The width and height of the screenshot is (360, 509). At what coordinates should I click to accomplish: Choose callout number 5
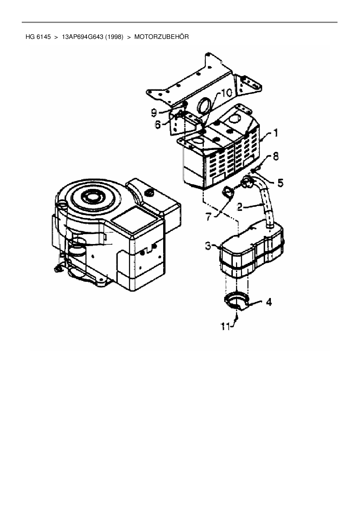[280, 183]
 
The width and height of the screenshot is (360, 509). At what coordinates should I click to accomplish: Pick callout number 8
[275, 157]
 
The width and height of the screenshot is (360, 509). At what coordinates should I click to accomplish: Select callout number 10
[227, 93]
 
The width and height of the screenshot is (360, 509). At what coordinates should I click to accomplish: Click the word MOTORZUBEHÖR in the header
[161, 37]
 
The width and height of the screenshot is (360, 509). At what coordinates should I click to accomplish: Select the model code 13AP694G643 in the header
[83, 37]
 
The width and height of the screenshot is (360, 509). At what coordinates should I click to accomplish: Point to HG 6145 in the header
[38, 37]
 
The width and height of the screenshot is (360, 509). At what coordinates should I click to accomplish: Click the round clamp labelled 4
[236, 302]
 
